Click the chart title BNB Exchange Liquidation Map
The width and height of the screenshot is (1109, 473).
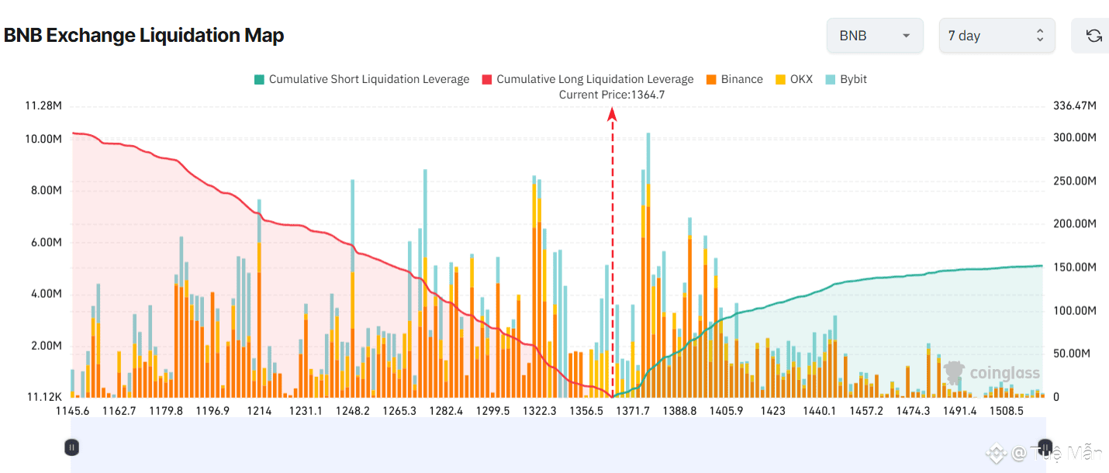pyautogui.click(x=144, y=36)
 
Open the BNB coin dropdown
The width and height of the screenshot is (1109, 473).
pyautogui.click(x=874, y=36)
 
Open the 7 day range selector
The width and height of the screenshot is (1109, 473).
pyautogui.click(x=997, y=36)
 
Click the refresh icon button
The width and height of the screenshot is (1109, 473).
pyautogui.click(x=1093, y=36)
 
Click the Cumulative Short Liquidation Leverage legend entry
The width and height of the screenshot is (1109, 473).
pyautogui.click(x=361, y=79)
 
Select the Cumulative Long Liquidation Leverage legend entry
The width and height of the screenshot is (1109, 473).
pyautogui.click(x=587, y=79)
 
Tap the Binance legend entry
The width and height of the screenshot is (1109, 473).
pyautogui.click(x=734, y=79)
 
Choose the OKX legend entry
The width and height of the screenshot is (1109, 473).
pyautogui.click(x=794, y=79)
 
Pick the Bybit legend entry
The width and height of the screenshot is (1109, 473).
pyautogui.click(x=846, y=79)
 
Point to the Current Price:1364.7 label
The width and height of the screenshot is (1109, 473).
pyautogui.click(x=612, y=95)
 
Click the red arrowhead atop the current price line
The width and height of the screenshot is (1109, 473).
pyautogui.click(x=612, y=115)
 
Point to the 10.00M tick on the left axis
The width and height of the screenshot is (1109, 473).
pyautogui.click(x=43, y=139)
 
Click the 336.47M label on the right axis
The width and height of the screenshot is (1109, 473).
pyautogui.click(x=1075, y=105)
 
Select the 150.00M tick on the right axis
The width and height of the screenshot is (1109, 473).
pyautogui.click(x=1075, y=268)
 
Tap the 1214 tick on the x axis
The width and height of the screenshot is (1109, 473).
pyautogui.click(x=259, y=411)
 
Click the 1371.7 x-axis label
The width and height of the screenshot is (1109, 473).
pyautogui.click(x=633, y=411)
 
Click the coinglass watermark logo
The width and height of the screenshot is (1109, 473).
pyautogui.click(x=992, y=373)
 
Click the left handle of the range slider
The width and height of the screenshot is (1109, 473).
pyautogui.click(x=71, y=447)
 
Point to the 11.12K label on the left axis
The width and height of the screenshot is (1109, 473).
pyautogui.click(x=44, y=397)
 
